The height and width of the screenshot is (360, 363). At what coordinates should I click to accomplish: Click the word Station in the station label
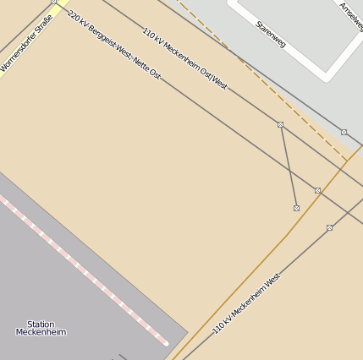point(41,324)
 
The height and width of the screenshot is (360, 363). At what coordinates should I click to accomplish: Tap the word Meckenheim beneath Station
point(41,332)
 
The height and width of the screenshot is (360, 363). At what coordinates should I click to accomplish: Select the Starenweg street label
point(271,34)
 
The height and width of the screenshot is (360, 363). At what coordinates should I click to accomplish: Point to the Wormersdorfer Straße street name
point(25,42)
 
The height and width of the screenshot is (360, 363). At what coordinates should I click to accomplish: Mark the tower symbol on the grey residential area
point(344,132)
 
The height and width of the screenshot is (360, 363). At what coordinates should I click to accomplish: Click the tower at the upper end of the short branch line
point(280,124)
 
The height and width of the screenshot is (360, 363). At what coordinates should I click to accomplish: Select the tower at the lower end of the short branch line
point(296,208)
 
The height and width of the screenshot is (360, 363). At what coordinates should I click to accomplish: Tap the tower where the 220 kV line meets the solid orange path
point(317,190)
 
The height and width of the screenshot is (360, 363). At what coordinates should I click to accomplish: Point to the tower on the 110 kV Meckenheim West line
point(329,227)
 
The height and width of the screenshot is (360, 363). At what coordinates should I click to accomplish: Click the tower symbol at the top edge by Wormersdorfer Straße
point(53,2)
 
